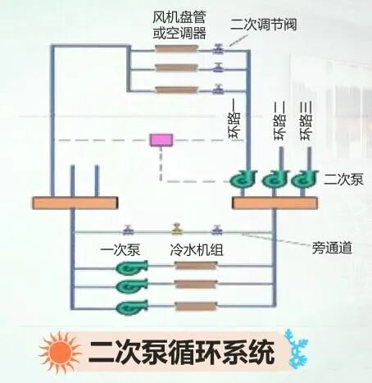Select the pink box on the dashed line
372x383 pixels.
point(159,140)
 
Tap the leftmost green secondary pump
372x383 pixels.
point(245,180)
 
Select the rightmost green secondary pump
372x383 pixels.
point(304,180)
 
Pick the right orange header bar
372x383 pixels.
point(274,202)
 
